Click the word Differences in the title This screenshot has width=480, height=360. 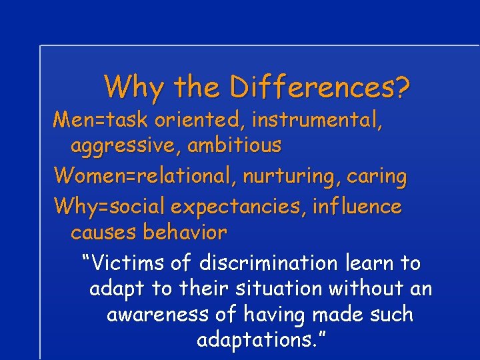313,87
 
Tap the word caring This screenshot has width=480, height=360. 383,177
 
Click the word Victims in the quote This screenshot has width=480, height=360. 129,263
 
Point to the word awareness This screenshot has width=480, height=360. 156,315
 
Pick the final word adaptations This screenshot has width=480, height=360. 257,341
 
